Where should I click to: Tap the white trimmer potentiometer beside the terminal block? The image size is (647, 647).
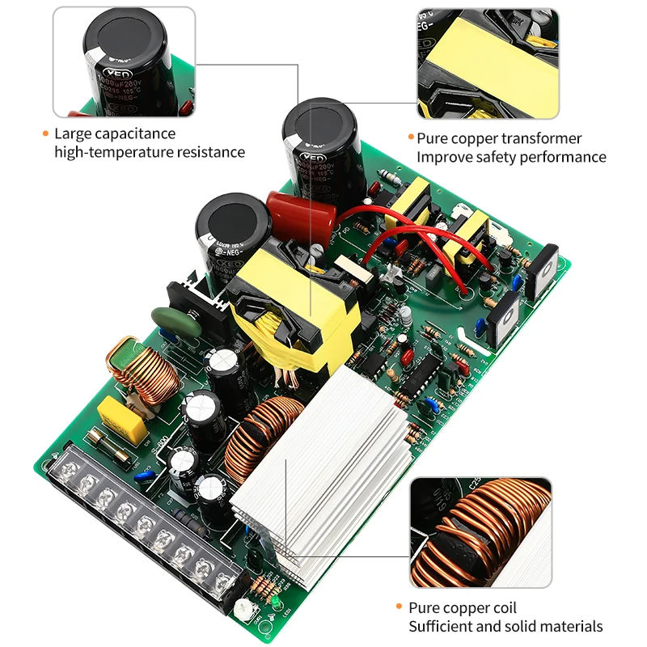click(x=241, y=611)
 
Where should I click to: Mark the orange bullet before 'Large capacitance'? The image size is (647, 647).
click(x=45, y=133)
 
